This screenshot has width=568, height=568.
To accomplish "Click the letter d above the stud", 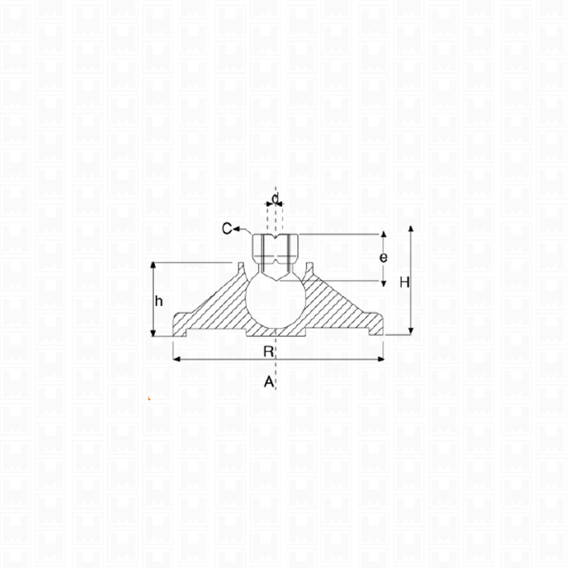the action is [x=276, y=199].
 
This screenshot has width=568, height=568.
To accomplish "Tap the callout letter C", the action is [x=227, y=229].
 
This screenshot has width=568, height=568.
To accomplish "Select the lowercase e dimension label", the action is [x=383, y=257].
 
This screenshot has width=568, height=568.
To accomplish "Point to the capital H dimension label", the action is [x=404, y=282].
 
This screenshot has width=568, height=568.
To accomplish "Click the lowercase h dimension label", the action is [x=159, y=301].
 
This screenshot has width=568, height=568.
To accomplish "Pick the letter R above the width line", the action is [x=268, y=351].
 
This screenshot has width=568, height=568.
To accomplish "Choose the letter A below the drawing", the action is [x=269, y=382].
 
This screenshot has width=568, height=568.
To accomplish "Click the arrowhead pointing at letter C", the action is [x=237, y=229].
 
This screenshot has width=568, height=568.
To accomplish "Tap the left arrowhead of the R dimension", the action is [x=177, y=359].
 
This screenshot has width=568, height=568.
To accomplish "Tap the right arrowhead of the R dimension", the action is [x=380, y=359].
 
